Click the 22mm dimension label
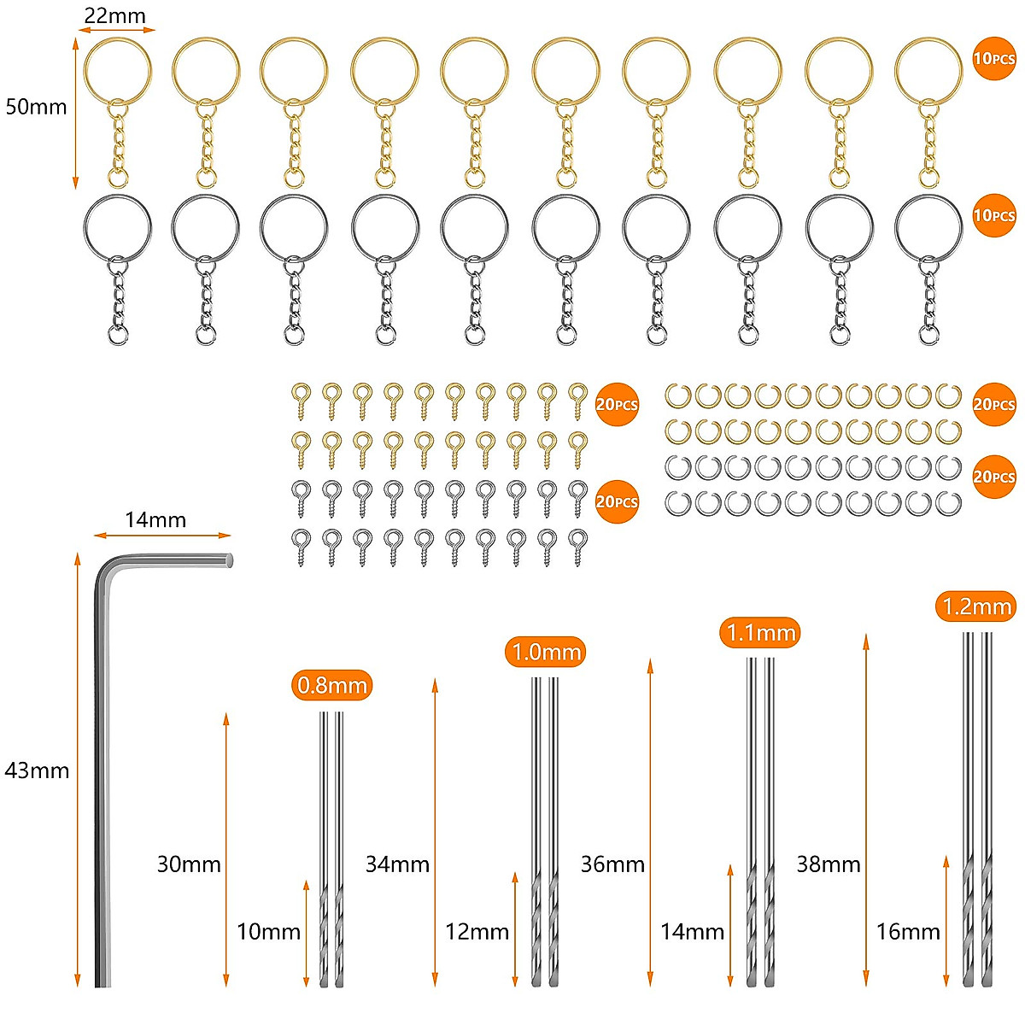coord(115,16)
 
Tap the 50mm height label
coord(36,107)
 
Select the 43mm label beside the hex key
coord(37,770)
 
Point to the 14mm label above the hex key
coord(155,519)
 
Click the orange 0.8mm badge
coord(332,685)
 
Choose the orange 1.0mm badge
coord(545,652)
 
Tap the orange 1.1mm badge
coord(760,632)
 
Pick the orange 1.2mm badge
coord(976,606)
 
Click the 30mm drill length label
coord(189,864)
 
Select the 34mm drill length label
coord(397,864)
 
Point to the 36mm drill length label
coord(612,864)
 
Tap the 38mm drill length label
coord(829,864)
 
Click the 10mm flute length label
coord(268,932)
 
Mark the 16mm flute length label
coord(908,932)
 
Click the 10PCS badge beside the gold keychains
coord(994,59)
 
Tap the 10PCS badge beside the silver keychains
coord(994,215)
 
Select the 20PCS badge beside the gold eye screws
coord(617,404)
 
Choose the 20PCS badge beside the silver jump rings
coord(994,477)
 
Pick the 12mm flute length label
coord(477,932)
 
